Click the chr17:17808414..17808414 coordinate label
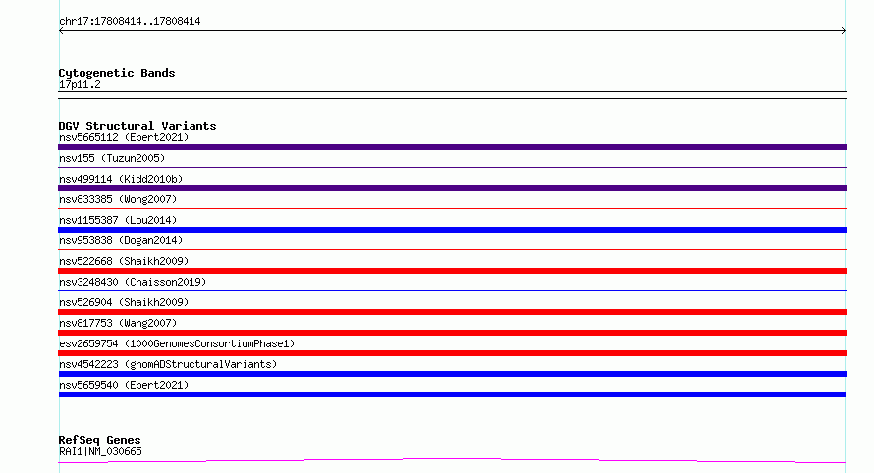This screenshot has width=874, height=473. pos(130,22)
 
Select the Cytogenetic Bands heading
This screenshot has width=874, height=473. pos(117,73)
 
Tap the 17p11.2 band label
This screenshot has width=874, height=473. pos(80,84)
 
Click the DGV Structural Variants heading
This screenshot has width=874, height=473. pos(137,126)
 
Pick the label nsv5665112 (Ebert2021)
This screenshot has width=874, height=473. pos(124,137)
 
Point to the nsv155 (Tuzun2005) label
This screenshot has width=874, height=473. pos(112,158)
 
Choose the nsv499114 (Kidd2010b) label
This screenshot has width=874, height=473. pos(121,179)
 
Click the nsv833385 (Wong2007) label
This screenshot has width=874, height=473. pos(118,199)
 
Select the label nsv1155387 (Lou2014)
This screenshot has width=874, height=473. pos(118,220)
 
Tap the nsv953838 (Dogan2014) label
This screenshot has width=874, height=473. pos(121,240)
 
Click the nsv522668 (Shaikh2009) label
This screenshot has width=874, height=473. pos(124,261)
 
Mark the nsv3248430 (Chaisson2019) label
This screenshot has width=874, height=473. pos(133,282)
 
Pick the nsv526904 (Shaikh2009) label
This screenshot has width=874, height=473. pos(124,302)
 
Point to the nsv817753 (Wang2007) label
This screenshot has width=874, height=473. pos(118,323)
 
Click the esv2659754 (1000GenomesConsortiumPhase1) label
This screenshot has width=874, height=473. pos(177,343)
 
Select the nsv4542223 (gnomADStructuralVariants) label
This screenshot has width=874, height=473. pos(168,364)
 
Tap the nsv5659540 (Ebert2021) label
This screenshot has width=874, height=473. pos(124,385)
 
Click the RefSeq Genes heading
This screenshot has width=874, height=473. pos(99,440)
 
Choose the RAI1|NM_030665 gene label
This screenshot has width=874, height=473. pos(100,451)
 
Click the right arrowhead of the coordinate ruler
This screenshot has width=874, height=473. pos(845,31)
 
